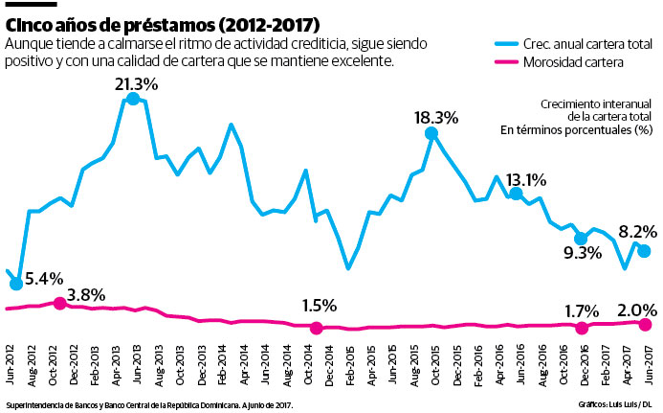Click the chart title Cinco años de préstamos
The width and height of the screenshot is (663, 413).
164,22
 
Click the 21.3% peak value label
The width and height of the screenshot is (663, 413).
136,85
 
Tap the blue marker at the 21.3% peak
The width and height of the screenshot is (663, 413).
133,99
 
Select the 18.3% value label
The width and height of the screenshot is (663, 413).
436,118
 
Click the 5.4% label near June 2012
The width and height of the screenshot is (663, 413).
44,279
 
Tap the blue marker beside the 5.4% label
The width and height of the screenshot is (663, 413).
16,284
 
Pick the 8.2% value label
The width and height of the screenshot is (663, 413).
637,231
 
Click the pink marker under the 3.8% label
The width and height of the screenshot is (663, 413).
59,304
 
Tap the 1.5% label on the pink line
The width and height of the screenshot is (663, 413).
319,306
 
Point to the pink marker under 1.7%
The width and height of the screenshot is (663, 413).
581,328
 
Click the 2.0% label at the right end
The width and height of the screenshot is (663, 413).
637,310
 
